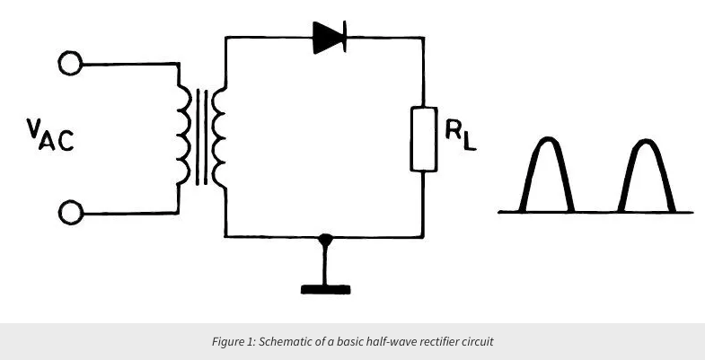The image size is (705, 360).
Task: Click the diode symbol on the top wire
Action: click(330, 38)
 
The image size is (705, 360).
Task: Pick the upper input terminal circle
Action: click(70, 65)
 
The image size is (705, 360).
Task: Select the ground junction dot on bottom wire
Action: click(327, 238)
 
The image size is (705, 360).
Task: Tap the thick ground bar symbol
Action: click(327, 288)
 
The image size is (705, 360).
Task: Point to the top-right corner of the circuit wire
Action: click(423, 38)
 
